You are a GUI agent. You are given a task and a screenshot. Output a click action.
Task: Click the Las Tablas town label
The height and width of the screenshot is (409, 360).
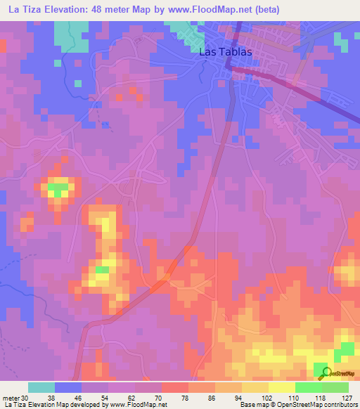(221, 53)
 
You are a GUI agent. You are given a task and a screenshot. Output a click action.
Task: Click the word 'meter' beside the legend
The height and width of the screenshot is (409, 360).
(10, 398)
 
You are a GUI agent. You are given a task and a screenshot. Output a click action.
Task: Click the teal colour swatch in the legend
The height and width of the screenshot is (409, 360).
(41, 387)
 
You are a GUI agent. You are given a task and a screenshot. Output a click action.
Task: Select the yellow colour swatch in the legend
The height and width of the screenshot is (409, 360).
(282, 387)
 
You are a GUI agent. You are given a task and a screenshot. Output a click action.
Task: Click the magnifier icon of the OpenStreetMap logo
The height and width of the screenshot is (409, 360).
(324, 373)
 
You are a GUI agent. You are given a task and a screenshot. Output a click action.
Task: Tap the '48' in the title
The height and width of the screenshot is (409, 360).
(110, 9)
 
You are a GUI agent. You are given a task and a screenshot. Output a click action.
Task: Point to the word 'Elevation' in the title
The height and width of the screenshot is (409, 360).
(72, 9)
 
